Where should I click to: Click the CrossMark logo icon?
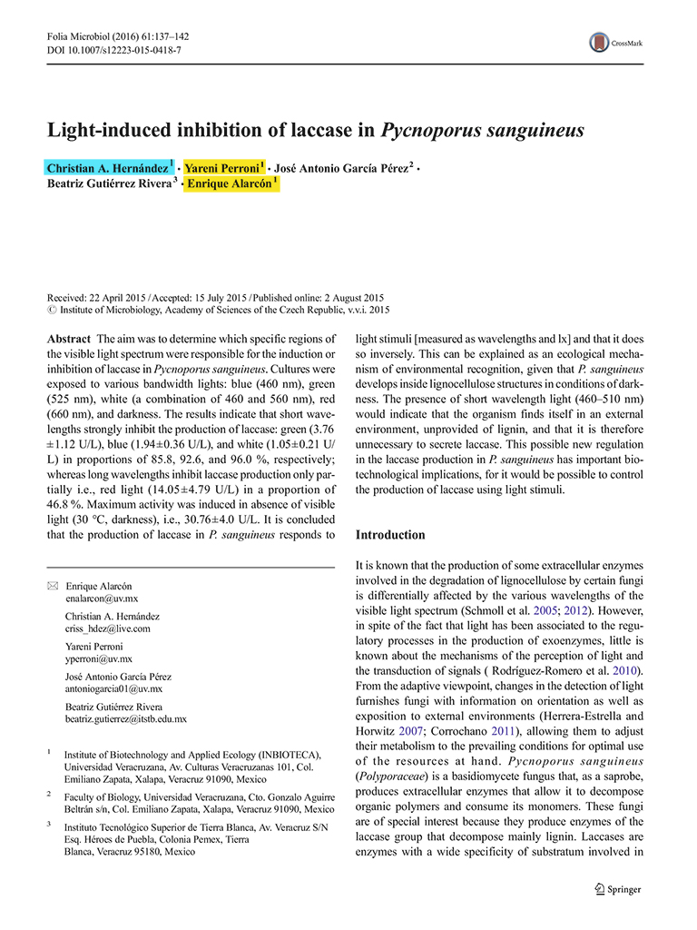[599, 42]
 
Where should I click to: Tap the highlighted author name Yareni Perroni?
[221, 169]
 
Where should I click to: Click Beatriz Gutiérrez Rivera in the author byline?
[108, 184]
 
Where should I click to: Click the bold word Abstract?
[68, 338]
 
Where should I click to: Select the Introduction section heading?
[390, 535]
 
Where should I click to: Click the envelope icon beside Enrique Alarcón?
[52, 587]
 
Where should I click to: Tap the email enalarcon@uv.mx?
[102, 599]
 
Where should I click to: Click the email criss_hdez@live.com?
[108, 628]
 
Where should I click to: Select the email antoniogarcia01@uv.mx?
[114, 689]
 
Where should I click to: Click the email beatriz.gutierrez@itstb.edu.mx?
[126, 718]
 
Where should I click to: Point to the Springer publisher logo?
[617, 889]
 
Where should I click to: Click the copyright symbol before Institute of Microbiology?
[51, 310]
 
